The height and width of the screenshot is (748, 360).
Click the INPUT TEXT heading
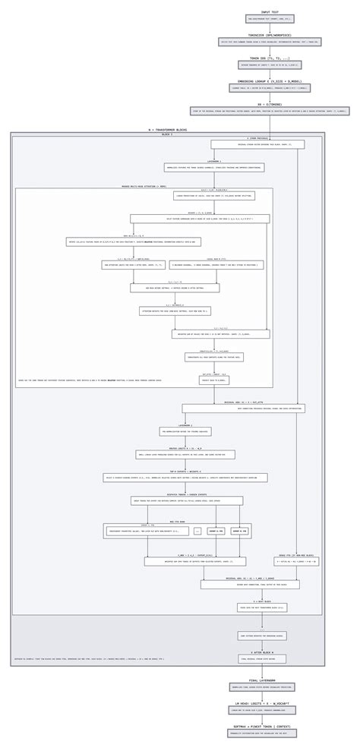click(x=270, y=12)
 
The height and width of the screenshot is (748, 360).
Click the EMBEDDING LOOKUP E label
click(x=270, y=81)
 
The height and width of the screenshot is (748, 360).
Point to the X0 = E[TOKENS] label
click(x=270, y=105)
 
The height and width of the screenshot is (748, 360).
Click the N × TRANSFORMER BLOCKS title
click(x=168, y=130)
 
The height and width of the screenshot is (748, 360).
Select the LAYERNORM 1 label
click(x=193, y=161)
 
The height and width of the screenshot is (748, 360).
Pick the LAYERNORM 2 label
click(x=185, y=425)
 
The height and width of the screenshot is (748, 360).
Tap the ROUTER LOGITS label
click(x=185, y=449)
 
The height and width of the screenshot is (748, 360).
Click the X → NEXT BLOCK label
click(x=262, y=601)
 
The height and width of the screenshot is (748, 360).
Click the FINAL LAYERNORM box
click(x=262, y=686)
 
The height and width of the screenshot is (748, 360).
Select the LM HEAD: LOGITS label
click(x=262, y=704)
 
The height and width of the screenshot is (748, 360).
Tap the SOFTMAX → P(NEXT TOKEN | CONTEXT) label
click(x=262, y=727)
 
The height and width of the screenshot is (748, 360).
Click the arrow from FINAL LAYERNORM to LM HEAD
click(x=262, y=696)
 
